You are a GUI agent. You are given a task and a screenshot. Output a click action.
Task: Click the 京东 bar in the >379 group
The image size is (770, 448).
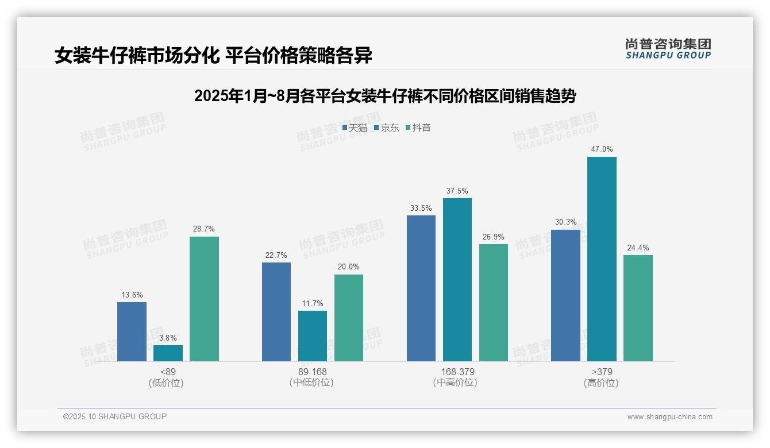click(602, 259)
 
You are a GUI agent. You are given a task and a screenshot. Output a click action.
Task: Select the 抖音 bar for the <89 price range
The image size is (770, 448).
click(204, 299)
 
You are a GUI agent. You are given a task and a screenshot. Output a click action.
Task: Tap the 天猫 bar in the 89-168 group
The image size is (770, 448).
click(276, 312)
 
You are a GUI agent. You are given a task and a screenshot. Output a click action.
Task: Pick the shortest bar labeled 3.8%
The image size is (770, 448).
click(168, 353)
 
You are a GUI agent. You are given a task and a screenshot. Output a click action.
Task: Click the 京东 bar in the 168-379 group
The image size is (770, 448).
click(457, 280)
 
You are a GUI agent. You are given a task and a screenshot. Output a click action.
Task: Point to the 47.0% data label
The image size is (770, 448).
click(602, 149)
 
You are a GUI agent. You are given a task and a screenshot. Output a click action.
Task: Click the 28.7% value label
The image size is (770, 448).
click(204, 229)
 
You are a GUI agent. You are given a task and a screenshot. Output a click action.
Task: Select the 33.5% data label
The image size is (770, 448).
click(421, 208)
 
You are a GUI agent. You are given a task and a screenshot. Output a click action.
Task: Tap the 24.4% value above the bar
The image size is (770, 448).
click(638, 248)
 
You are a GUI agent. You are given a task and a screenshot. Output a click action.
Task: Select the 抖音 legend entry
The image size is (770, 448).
click(418, 128)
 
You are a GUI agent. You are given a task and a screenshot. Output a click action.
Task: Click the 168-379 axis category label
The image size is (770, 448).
click(457, 372)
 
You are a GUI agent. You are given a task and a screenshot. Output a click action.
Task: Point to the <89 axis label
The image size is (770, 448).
click(168, 372)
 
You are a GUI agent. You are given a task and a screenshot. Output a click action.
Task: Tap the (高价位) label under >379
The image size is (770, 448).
click(601, 383)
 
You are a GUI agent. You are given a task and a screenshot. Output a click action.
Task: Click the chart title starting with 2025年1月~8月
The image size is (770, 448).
click(385, 96)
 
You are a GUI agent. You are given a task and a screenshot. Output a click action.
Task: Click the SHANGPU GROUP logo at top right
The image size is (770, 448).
click(668, 49)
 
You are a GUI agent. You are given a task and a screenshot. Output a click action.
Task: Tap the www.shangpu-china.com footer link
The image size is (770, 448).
click(669, 417)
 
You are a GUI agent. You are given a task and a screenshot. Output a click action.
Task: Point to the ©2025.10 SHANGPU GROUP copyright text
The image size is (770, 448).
click(115, 417)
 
